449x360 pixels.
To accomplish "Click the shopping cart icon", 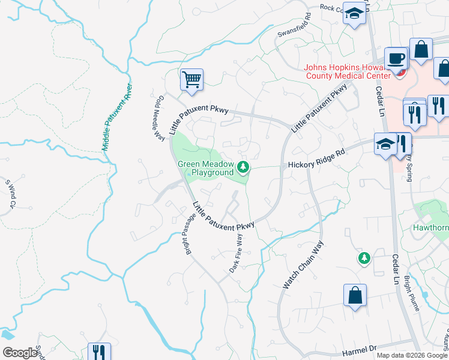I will [191, 79].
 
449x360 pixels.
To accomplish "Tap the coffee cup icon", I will [396, 59].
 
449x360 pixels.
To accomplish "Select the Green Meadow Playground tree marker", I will [243, 166].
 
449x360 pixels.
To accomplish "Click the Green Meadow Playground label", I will [205, 168].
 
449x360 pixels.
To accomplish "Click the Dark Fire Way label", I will [236, 254].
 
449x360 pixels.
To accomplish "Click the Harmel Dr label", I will [360, 348].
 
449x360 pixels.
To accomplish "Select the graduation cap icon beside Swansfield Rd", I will [354, 13].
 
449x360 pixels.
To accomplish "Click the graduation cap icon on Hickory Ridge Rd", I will [384, 143].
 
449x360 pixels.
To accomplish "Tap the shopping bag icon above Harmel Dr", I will [355, 295].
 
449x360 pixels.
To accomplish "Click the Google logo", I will [20, 353].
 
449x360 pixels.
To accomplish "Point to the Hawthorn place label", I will [430, 228].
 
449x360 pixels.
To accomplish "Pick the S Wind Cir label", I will [10, 194].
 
